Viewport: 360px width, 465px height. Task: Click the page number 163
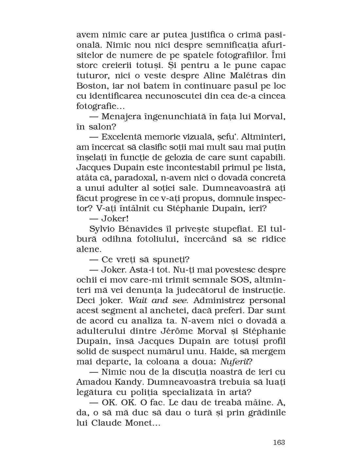tap(279, 442)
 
